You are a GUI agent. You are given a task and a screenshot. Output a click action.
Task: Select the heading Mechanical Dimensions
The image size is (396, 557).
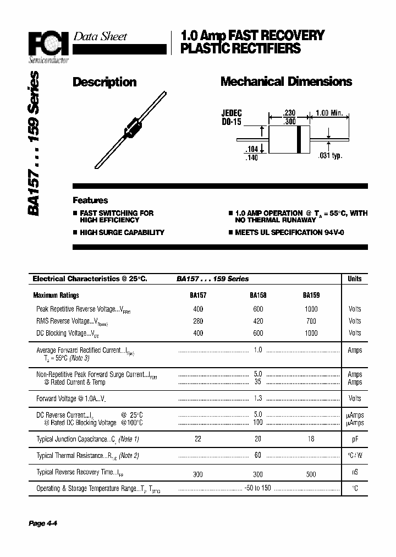(286, 82)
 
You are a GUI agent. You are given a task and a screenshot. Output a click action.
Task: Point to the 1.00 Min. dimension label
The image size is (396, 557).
(329, 113)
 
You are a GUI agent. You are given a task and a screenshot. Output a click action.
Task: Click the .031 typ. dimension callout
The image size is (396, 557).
(330, 156)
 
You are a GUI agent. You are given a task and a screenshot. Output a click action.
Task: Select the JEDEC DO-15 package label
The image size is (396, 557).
(232, 118)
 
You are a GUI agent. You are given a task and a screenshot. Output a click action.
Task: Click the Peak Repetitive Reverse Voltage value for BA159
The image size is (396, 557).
(311, 309)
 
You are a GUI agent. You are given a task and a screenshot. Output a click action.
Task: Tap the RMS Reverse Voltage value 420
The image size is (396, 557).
(258, 321)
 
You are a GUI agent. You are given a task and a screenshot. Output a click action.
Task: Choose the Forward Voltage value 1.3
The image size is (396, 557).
(258, 398)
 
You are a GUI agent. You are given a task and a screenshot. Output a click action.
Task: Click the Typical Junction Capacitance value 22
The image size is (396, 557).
(198, 439)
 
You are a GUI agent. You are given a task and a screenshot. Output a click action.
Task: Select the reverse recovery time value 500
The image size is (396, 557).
(311, 473)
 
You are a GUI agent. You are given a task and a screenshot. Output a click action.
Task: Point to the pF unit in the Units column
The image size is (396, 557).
(355, 439)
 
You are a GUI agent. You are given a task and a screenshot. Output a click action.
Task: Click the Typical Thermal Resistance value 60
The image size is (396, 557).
(258, 455)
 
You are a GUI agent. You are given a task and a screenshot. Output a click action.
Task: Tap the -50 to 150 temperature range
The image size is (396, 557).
(258, 488)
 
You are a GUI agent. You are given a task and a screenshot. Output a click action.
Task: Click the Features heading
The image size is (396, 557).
(91, 201)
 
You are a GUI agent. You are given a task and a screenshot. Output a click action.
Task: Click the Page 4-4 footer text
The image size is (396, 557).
(43, 523)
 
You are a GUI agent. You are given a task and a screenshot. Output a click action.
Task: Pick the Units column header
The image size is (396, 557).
(355, 279)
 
